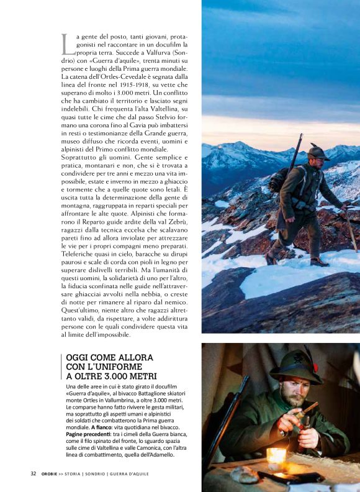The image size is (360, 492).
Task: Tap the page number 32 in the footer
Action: [x=34, y=473]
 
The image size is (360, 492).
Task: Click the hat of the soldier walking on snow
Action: [x=318, y=152]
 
